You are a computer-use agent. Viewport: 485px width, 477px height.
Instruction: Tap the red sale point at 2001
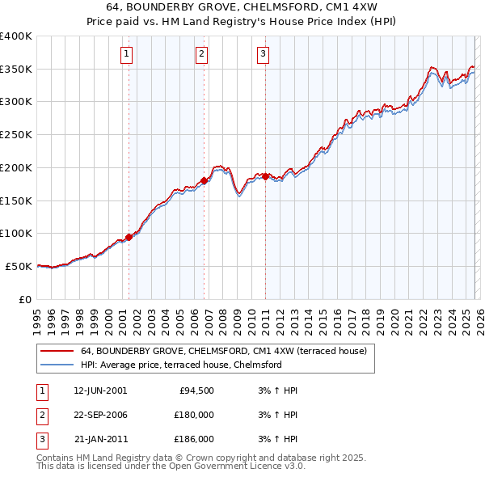click(129, 237)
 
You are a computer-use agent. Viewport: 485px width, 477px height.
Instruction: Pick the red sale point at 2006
click(204, 180)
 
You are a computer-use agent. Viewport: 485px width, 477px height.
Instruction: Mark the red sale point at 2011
click(265, 175)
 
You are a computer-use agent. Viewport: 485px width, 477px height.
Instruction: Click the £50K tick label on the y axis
click(19, 266)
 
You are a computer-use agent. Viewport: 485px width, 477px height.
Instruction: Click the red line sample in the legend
click(57, 352)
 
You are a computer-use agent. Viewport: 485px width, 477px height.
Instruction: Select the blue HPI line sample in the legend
click(57, 365)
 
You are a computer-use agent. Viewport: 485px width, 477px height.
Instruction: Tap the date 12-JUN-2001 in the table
click(100, 390)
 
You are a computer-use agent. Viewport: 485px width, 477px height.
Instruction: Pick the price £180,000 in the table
click(194, 415)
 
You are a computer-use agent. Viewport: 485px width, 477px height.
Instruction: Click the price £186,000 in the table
click(194, 439)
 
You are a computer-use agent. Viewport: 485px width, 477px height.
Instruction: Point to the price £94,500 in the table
click(196, 390)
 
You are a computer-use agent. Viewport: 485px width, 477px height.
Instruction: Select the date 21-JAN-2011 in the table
click(100, 439)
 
